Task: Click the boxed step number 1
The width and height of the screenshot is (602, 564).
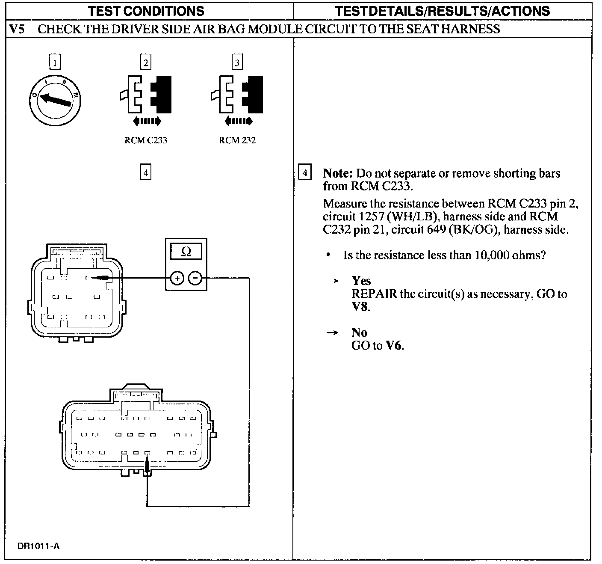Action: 55,62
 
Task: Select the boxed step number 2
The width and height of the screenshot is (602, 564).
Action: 146,62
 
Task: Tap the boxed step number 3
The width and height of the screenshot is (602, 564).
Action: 237,62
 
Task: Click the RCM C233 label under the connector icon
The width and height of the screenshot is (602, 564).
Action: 146,140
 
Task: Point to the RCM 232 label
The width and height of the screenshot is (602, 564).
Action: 237,140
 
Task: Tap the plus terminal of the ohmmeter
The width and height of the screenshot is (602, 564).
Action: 177,279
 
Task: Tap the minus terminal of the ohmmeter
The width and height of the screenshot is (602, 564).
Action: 195,279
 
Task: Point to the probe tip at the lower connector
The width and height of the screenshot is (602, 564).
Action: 147,466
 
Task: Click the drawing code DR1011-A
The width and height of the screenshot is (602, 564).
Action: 38,546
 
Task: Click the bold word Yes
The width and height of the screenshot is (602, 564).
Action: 361,281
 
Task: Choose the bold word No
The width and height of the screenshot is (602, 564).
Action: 359,332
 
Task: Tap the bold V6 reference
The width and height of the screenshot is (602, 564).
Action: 394,346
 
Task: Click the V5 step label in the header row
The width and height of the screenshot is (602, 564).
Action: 17,29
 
